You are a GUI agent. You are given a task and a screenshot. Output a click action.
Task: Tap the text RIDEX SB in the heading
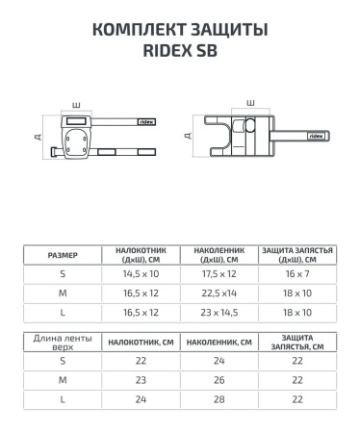[x=180, y=53]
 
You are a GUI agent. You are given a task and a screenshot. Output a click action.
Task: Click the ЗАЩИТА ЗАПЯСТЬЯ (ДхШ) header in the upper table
[x=297, y=255]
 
